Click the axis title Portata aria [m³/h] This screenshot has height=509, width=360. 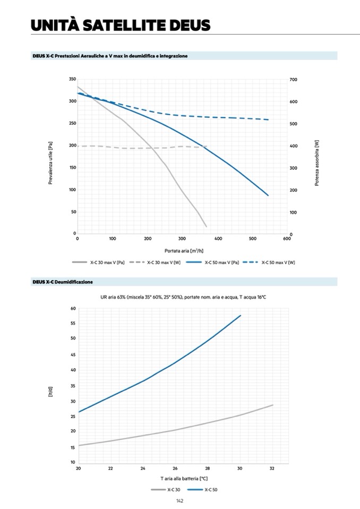[182, 250]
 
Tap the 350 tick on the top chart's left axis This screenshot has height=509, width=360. [72, 79]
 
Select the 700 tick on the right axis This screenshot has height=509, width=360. [294, 79]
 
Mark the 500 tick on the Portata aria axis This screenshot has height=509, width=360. [252, 239]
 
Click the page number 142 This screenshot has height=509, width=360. [180, 501]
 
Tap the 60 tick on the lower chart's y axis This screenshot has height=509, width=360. [73, 308]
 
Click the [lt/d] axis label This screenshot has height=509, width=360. [50, 393]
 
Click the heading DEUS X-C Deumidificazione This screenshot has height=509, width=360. [63, 282]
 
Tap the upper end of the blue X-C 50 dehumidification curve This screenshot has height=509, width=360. [241, 315]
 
